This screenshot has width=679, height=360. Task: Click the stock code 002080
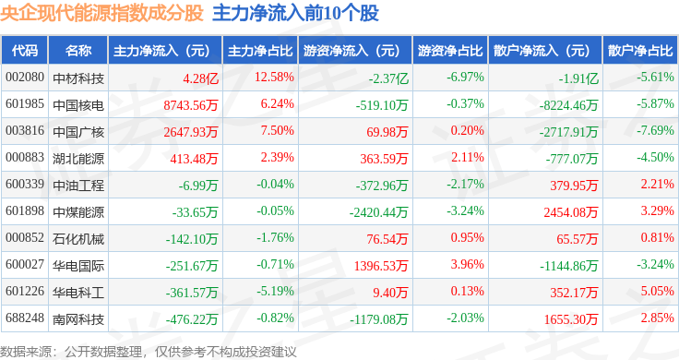(25, 78)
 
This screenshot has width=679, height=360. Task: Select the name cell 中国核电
(78, 105)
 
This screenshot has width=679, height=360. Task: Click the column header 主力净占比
(260, 51)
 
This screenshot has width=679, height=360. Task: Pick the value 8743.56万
(191, 105)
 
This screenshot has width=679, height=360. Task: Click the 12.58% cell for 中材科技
(274, 78)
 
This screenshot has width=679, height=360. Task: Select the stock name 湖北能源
(78, 159)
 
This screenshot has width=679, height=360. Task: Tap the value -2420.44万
(379, 212)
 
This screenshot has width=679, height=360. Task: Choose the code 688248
(25, 318)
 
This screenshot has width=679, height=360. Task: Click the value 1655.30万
(571, 319)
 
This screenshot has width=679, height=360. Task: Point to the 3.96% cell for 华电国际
(467, 264)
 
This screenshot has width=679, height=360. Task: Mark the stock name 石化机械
(78, 239)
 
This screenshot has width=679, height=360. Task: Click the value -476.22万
(192, 319)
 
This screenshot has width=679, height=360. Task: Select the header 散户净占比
(640, 51)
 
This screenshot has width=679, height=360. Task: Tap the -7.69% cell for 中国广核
(655, 130)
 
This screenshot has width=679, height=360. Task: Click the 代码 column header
(25, 51)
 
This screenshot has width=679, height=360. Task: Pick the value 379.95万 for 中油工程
(574, 186)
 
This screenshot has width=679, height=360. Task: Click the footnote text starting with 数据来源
(149, 352)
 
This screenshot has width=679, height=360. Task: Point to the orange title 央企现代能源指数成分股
(101, 13)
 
